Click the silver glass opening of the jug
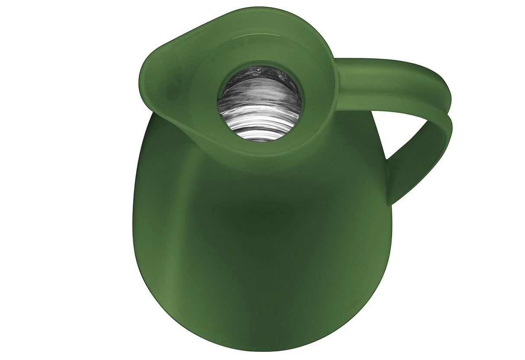click(x=259, y=103)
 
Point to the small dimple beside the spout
click(x=173, y=88)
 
